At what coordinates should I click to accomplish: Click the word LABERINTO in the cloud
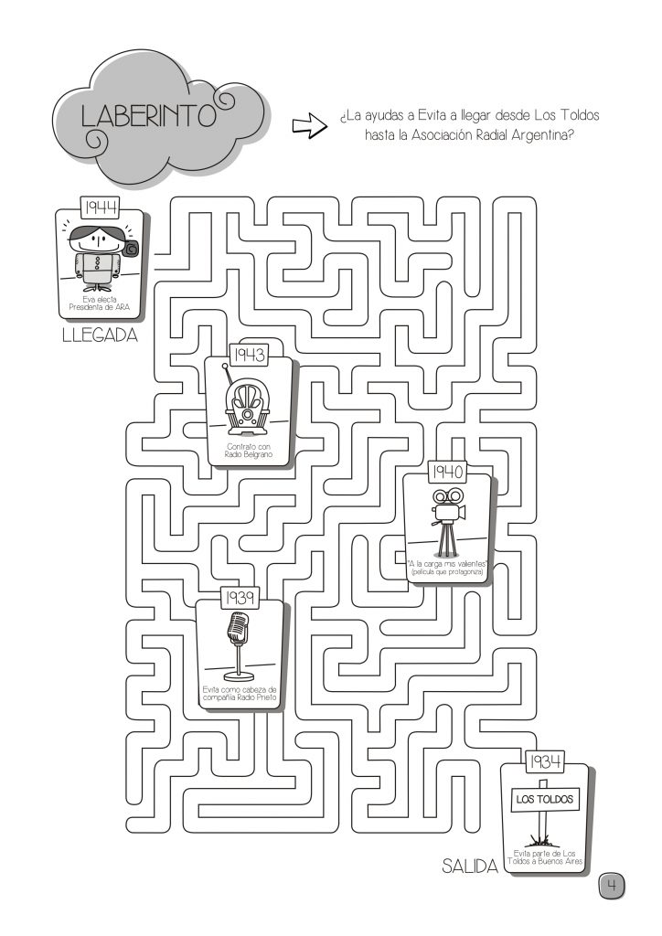pos(146,116)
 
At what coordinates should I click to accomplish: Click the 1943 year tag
pos(250,355)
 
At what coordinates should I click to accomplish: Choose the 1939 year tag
pos(240,598)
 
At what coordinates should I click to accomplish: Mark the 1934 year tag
pos(545,760)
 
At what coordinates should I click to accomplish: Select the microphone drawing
pos(238,643)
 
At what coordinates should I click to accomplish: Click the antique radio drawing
pos(250,406)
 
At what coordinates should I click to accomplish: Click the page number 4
pos(612,885)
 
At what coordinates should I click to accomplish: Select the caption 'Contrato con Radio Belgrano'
pos(250,450)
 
